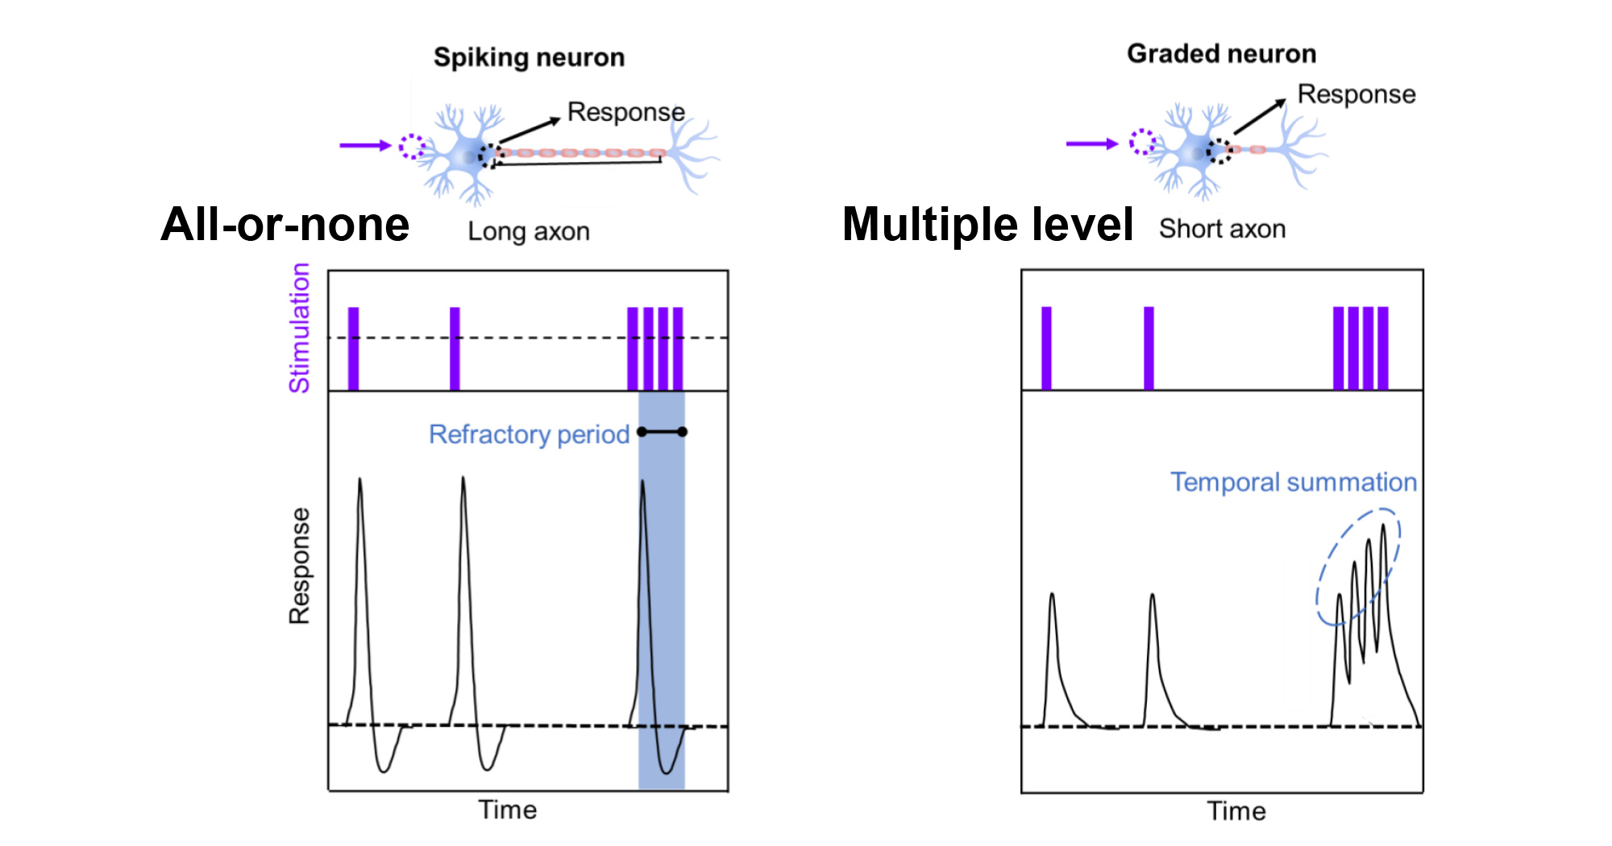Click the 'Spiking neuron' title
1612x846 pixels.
tap(529, 57)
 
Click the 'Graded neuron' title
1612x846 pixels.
tap(1221, 53)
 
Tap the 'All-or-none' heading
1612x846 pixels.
tap(285, 224)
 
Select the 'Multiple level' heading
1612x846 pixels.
tap(987, 224)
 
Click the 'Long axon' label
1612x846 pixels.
tap(528, 232)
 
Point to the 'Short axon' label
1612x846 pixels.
tap(1222, 229)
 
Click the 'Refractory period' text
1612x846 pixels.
tap(529, 434)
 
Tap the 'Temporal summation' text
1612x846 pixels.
tap(1293, 482)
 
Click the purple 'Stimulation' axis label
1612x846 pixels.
tap(299, 328)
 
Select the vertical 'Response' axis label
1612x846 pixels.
tap(299, 566)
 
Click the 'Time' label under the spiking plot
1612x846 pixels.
tap(507, 810)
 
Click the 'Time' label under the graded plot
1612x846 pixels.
tap(1236, 811)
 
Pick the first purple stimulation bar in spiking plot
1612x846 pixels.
tap(353, 348)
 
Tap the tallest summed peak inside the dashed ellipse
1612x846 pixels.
tap(1384, 529)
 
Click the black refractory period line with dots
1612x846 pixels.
tap(662, 432)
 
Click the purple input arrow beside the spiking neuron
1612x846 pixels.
tap(364, 145)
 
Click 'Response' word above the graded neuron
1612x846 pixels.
tap(1356, 94)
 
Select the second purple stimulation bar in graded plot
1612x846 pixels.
tap(1149, 348)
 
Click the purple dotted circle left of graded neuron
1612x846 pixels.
tap(1141, 143)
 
